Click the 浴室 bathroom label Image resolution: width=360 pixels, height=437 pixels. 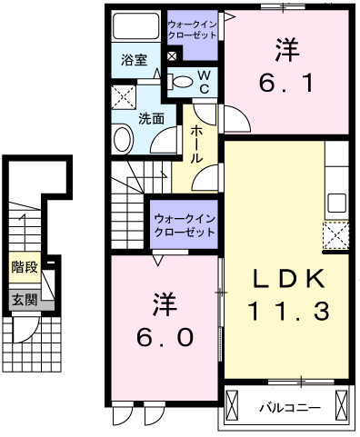coord(135,61)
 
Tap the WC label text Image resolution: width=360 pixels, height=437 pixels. coord(205,80)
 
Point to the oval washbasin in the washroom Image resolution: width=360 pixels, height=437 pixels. coord(122,138)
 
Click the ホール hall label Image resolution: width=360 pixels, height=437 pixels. coord(197,143)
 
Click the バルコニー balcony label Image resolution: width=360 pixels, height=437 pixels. coord(285,404)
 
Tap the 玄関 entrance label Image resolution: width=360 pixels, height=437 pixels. coord(25,299)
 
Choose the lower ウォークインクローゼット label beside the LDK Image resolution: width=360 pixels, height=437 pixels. coord(184,224)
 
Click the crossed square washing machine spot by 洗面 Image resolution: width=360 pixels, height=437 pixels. coord(123,97)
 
